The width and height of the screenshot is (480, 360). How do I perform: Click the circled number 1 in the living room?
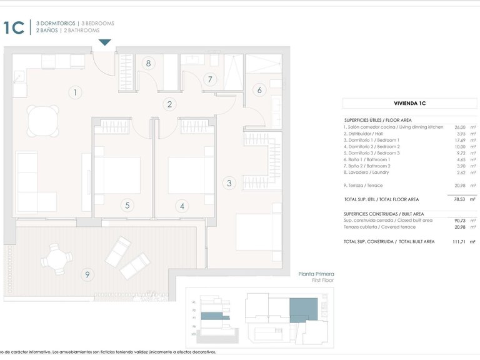pos(75,92)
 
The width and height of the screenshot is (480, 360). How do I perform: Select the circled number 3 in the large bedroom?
pos(229,183)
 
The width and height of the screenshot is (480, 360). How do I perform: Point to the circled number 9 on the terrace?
pos(87,274)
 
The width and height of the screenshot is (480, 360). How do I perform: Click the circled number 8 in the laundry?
pos(148,63)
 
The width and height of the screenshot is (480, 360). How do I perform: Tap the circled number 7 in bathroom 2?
pos(211,79)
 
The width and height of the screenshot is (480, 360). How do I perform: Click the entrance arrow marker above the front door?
pos(104,42)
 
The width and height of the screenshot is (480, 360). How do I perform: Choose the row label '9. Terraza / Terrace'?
pos(364,186)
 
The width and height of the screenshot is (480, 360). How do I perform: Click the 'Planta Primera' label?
pos(316,274)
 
